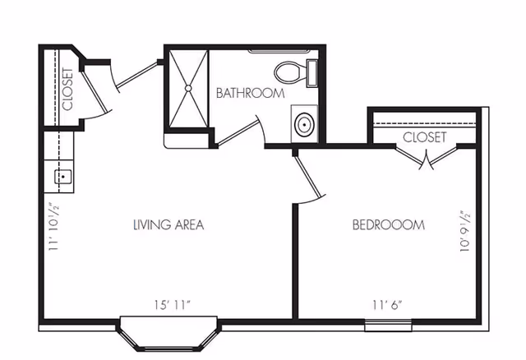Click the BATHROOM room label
[250, 93]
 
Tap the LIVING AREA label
[168, 224]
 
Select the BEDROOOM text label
[388, 224]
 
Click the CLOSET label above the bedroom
[424, 137]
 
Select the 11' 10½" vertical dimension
[54, 231]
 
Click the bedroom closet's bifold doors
[426, 159]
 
